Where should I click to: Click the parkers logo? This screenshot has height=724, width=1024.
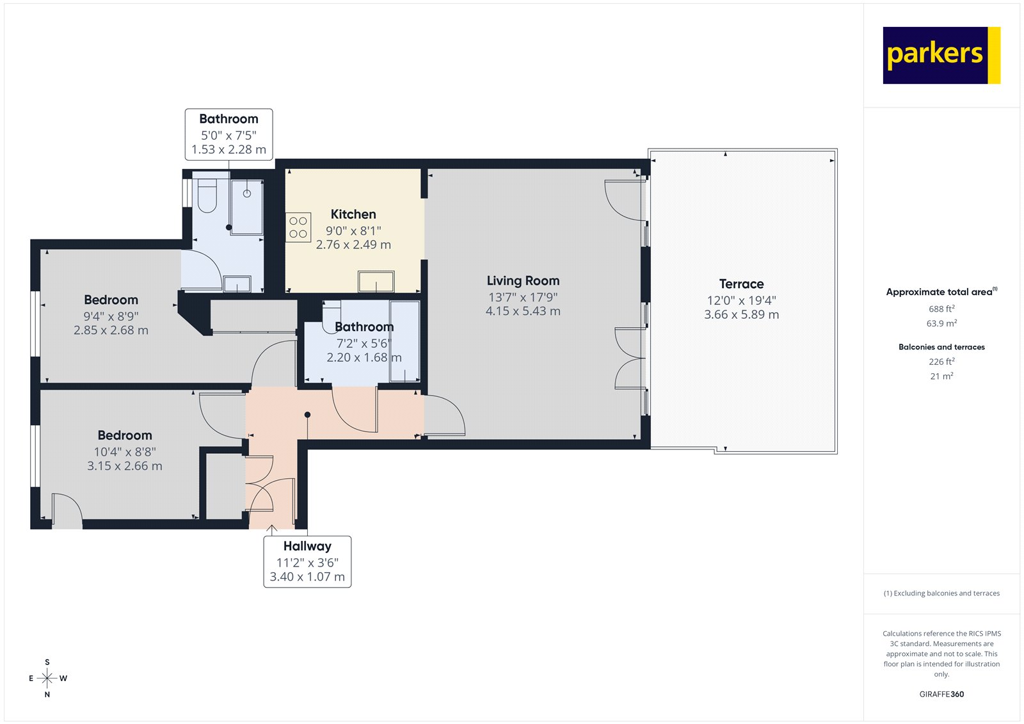pyautogui.click(x=941, y=55)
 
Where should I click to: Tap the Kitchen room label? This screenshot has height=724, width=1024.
pyautogui.click(x=353, y=214)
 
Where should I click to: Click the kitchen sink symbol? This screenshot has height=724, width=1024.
pyautogui.click(x=376, y=282)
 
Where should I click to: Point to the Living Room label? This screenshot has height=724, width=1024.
pyautogui.click(x=523, y=281)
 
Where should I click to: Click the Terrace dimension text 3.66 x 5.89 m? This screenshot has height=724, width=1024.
pyautogui.click(x=741, y=315)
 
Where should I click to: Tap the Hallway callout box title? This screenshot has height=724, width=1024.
pyautogui.click(x=307, y=546)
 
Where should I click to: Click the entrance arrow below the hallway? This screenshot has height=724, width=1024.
pyautogui.click(x=271, y=530)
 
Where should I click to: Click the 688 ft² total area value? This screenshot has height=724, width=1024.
pyautogui.click(x=941, y=309)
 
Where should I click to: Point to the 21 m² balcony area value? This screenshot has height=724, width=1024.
pyautogui.click(x=941, y=376)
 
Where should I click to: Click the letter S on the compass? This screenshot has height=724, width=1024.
pyautogui.click(x=47, y=663)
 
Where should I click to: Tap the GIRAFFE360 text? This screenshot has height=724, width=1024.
pyautogui.click(x=941, y=694)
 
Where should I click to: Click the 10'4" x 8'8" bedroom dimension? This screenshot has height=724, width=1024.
pyautogui.click(x=125, y=452)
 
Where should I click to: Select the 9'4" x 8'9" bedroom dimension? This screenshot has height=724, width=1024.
pyautogui.click(x=111, y=316)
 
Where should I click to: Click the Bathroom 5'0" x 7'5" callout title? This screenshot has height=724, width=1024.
pyautogui.click(x=228, y=119)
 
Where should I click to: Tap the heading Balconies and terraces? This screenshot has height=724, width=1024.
pyautogui.click(x=941, y=347)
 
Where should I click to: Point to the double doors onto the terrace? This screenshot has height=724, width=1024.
pyautogui.click(x=630, y=358)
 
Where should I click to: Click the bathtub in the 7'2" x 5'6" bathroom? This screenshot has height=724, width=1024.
pyautogui.click(x=404, y=341)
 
